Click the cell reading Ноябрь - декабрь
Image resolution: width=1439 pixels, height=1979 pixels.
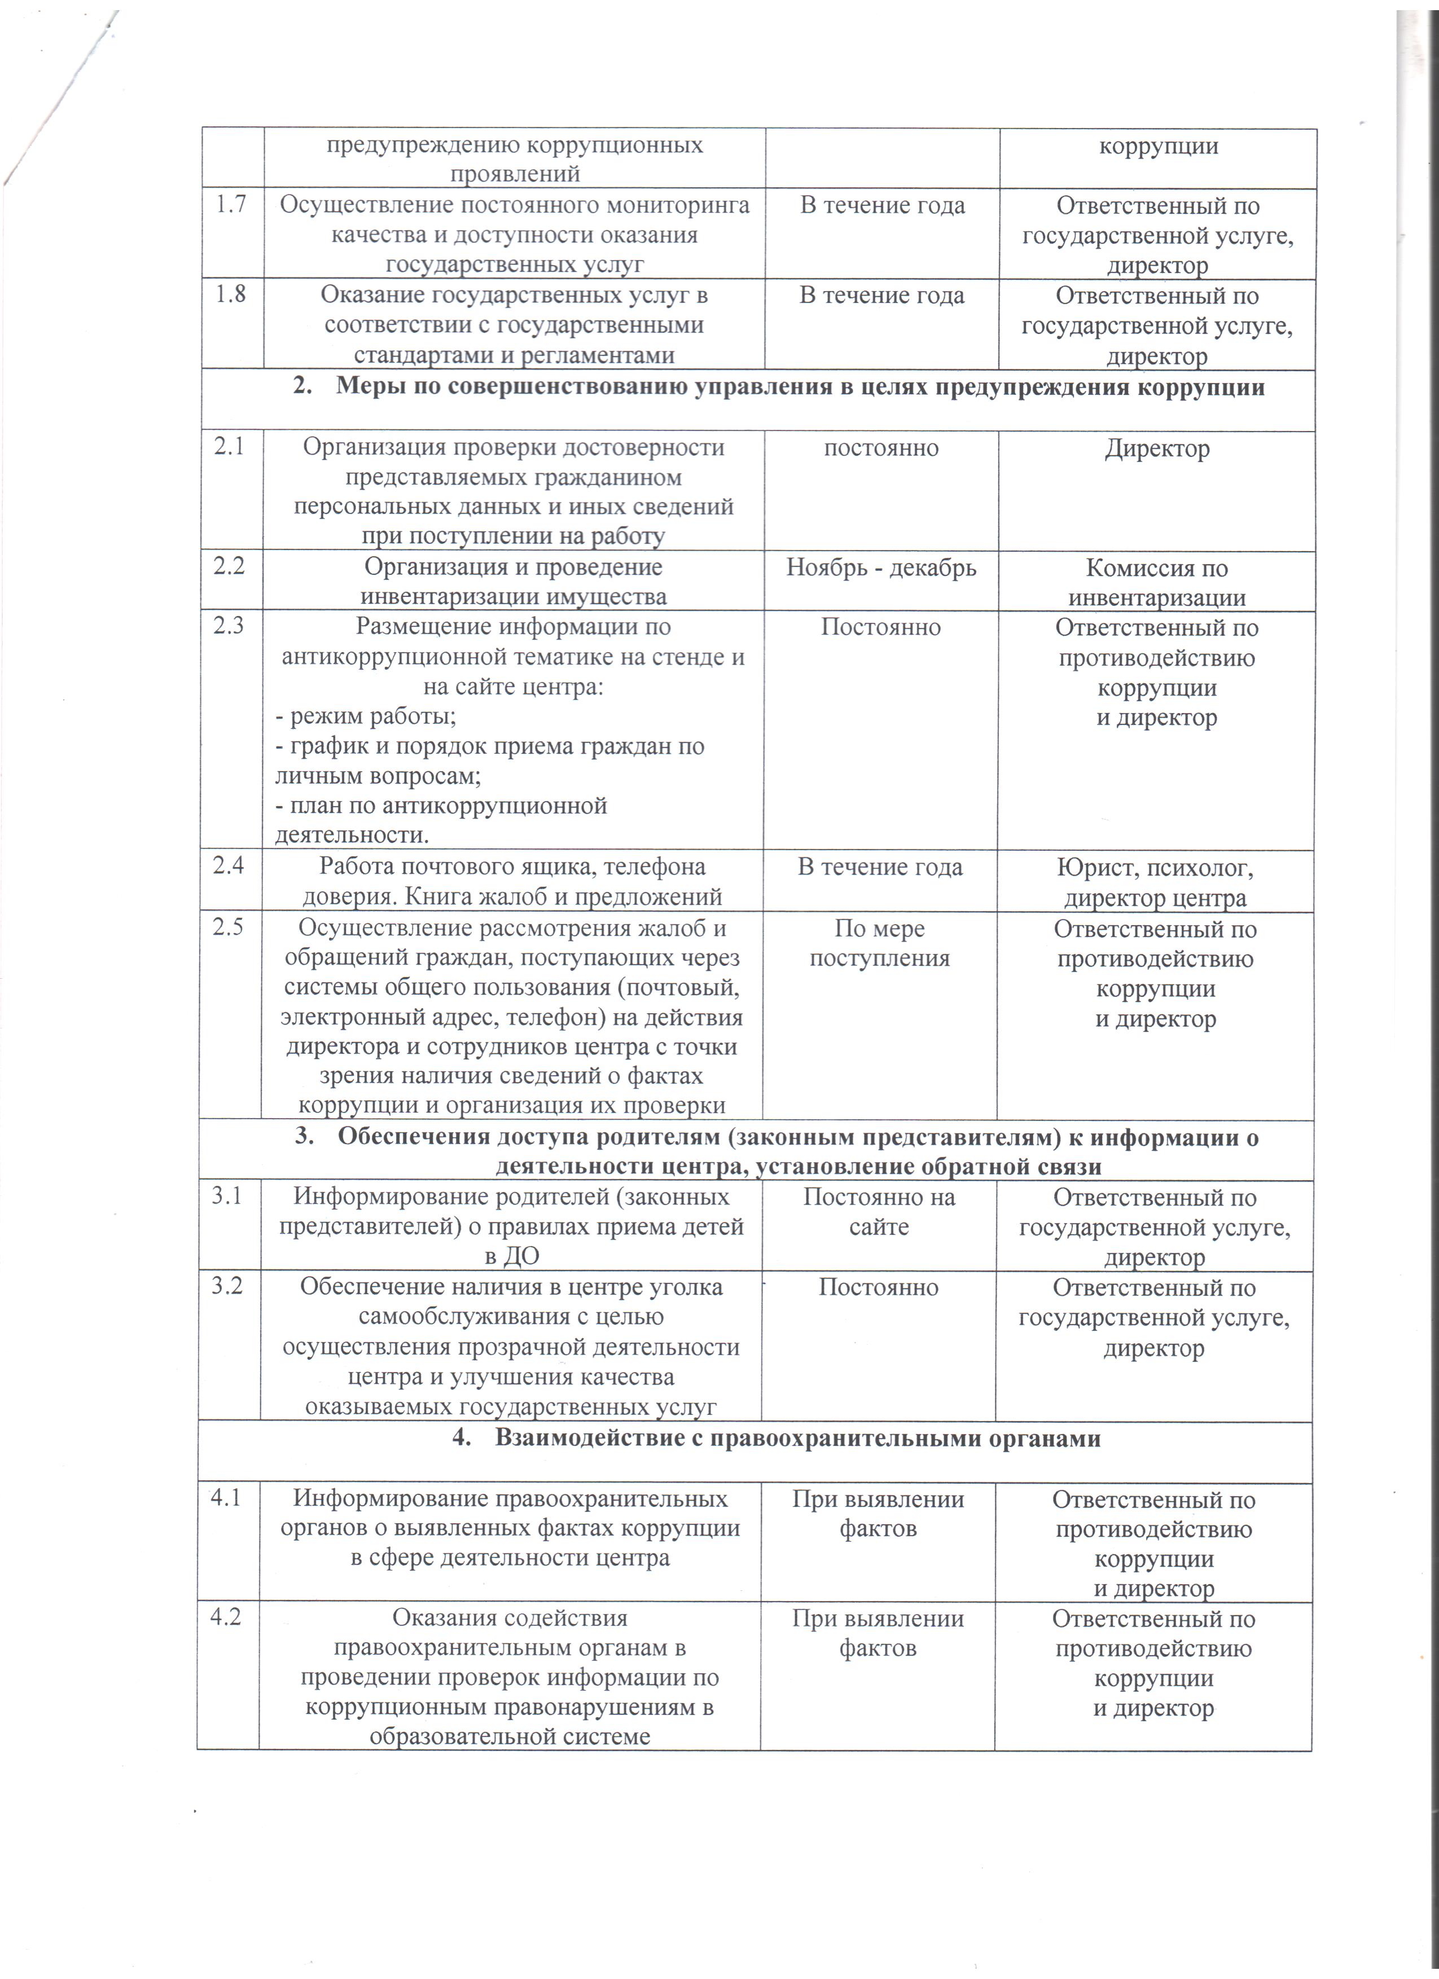coord(881,568)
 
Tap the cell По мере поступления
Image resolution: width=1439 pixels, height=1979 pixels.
coord(880,943)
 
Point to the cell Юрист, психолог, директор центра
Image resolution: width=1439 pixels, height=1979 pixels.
coord(1155,882)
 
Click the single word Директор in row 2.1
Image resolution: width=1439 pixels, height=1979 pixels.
coord(1157,448)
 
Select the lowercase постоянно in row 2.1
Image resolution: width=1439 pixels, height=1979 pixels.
coord(881,448)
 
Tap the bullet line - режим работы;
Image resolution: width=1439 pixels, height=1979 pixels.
coord(366,716)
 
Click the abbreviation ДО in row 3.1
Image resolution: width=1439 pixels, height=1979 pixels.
coord(522,1256)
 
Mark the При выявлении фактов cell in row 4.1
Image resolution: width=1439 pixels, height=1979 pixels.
coord(878,1514)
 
